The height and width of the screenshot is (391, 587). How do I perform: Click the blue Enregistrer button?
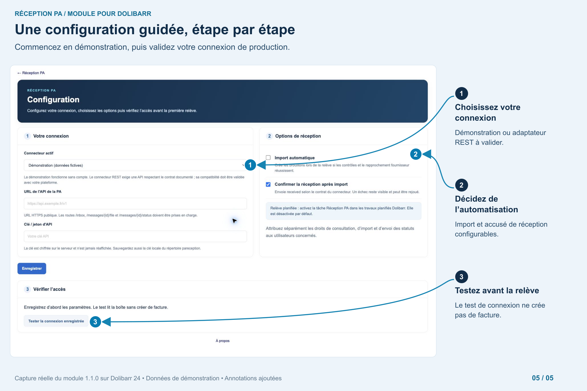click(x=32, y=269)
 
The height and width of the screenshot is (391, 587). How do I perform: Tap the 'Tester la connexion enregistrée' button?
click(x=56, y=321)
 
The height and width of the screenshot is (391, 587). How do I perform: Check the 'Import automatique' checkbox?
click(x=268, y=158)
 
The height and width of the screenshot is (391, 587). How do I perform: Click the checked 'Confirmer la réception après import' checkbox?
click(x=268, y=184)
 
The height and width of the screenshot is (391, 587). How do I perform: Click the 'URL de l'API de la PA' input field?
click(x=135, y=203)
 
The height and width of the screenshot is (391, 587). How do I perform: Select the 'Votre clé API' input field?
click(x=135, y=236)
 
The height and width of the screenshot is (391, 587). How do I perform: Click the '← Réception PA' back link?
click(x=31, y=73)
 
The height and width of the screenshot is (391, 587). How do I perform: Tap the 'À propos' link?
click(x=223, y=341)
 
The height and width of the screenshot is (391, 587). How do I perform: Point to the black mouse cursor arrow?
click(x=234, y=221)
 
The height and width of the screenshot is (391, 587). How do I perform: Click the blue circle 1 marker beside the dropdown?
click(x=250, y=165)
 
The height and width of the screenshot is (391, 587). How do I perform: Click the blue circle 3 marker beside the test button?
click(x=95, y=322)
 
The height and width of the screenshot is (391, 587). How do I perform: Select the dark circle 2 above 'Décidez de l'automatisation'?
click(x=461, y=185)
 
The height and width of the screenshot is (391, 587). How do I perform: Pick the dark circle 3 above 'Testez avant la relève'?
click(x=461, y=277)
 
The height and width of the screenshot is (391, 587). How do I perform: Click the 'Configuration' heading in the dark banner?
click(x=53, y=100)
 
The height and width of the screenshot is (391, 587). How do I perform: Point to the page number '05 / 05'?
click(x=543, y=378)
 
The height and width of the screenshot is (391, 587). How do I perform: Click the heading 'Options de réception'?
click(x=298, y=136)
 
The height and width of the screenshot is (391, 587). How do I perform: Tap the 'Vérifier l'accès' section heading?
click(x=49, y=289)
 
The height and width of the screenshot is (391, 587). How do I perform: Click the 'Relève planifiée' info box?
click(x=344, y=211)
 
